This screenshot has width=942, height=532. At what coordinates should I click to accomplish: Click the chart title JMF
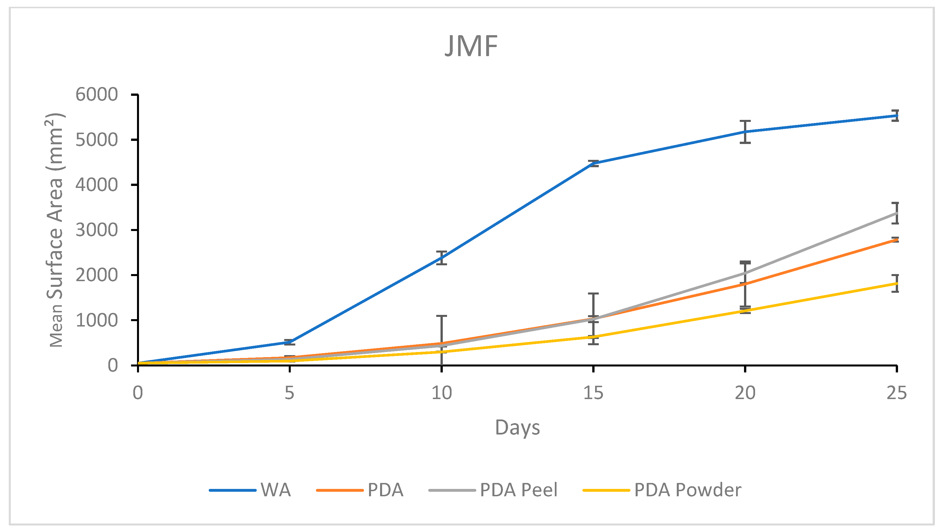click(471, 47)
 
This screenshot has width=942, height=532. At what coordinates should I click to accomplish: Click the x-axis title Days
click(517, 427)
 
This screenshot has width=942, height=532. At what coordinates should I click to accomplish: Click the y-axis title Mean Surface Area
click(56, 230)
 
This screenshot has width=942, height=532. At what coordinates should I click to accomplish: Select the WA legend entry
click(251, 490)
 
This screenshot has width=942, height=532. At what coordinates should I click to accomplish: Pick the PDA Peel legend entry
click(494, 490)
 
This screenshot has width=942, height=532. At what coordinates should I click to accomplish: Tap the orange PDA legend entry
click(361, 490)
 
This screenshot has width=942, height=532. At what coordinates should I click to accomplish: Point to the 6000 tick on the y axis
click(96, 95)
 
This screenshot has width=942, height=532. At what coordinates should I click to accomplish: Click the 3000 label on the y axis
click(96, 230)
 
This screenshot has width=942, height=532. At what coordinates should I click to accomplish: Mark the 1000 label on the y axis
click(96, 320)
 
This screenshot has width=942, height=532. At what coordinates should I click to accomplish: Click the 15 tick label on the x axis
click(593, 393)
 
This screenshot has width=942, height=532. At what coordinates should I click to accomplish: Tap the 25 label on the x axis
click(896, 393)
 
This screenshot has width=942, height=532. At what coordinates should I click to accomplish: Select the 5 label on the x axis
click(289, 393)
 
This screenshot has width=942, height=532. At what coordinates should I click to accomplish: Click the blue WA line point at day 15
click(593, 163)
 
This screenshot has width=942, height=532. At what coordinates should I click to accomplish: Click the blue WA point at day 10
click(441, 258)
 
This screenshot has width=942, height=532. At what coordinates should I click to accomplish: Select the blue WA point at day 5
click(289, 342)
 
